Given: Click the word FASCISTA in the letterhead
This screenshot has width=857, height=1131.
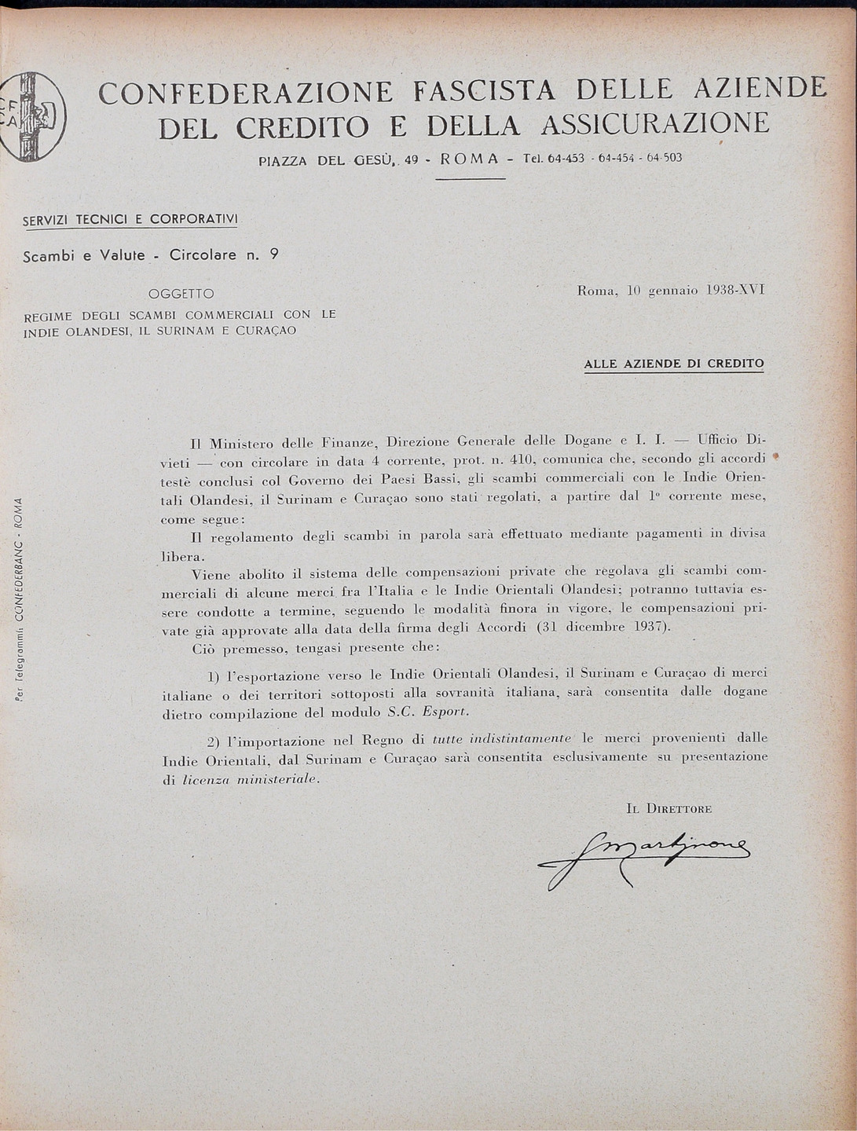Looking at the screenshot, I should pos(485,92).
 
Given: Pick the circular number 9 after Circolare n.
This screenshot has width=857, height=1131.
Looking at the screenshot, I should pos(273,254).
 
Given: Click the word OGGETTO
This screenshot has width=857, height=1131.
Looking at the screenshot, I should pos(181,294).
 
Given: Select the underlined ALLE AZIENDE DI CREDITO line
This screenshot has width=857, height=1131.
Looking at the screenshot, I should pos(674,364).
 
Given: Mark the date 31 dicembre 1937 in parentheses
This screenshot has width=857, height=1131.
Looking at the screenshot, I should pos(603,627).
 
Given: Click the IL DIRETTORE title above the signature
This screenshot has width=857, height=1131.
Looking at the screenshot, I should pos(669,808).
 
